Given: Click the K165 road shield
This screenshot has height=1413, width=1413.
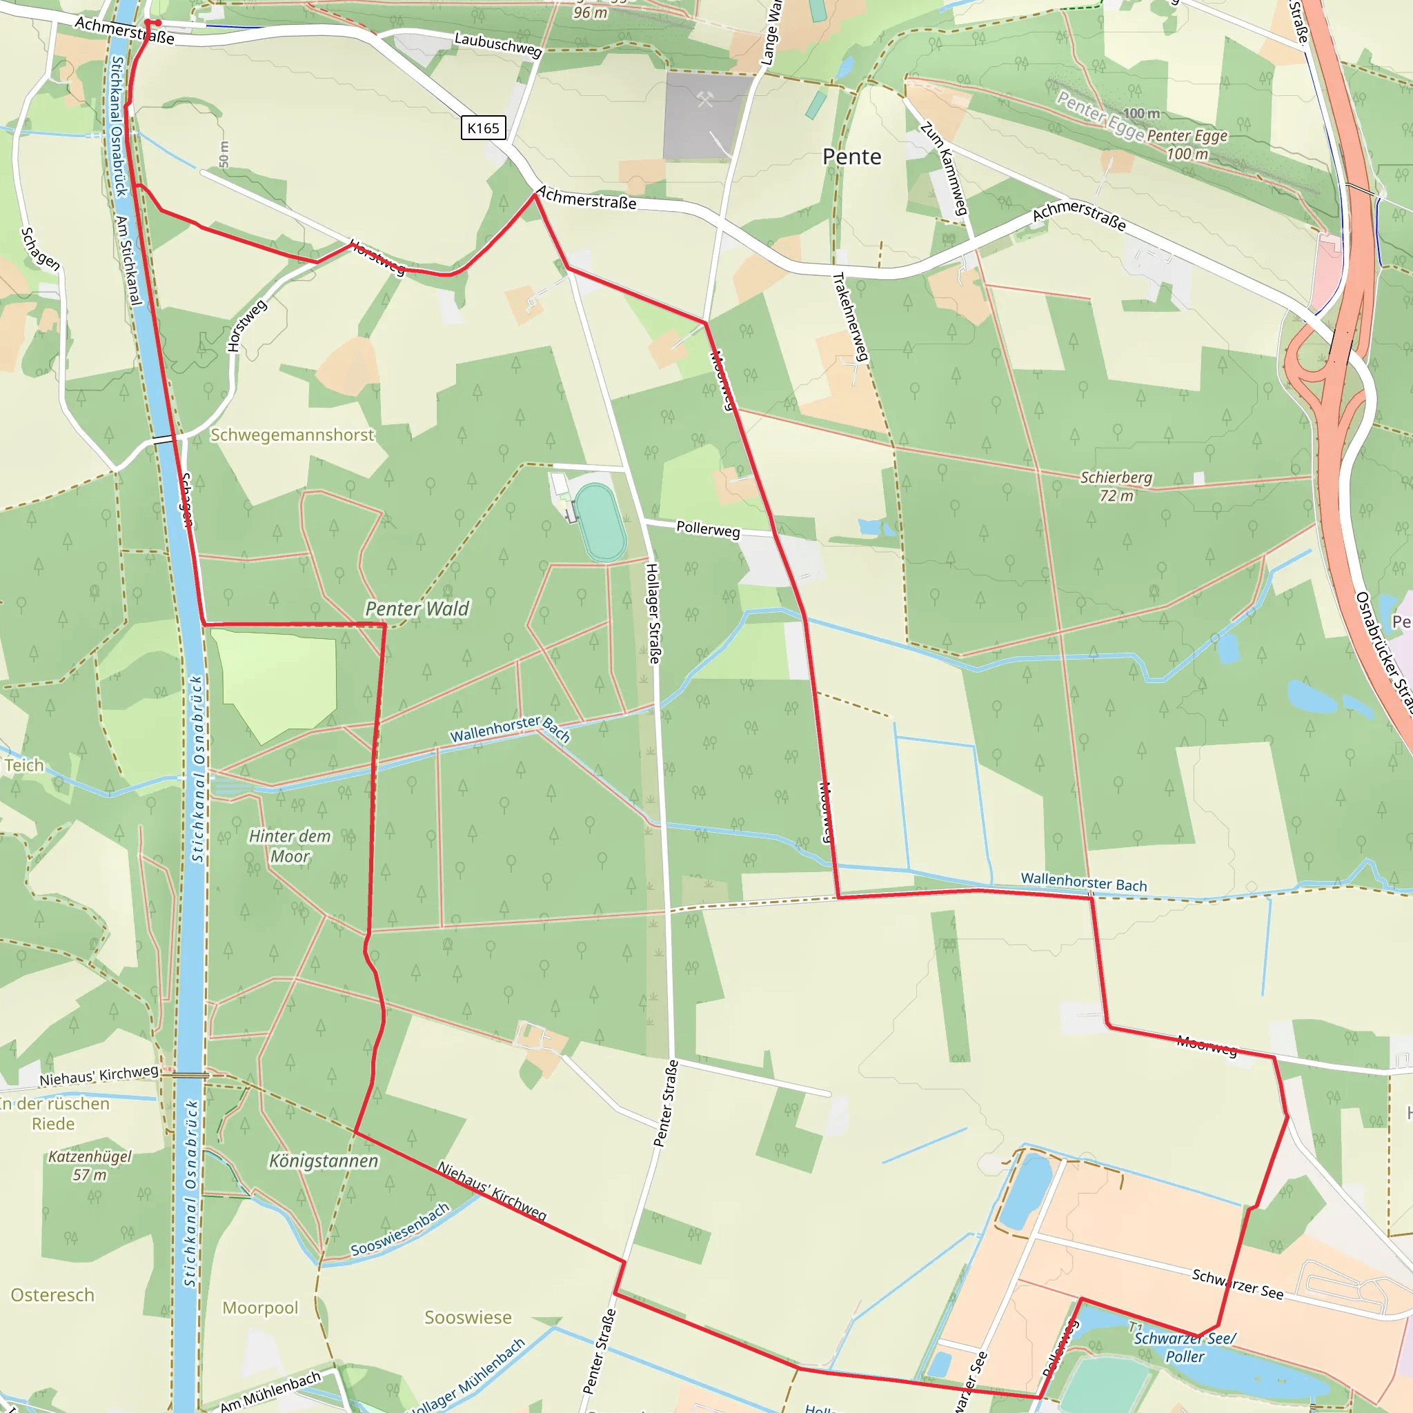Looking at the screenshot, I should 483,128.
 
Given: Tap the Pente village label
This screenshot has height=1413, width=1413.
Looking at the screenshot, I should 851,157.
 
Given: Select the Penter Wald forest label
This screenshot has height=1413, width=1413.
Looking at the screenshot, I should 417,609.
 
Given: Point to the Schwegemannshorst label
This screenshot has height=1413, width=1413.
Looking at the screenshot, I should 292,435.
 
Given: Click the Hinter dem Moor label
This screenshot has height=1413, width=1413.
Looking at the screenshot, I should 290,845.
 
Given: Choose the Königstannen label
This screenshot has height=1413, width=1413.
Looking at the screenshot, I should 324,1160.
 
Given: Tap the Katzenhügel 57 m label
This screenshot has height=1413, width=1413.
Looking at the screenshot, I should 90,1165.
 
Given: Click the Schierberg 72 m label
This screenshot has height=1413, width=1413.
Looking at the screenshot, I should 1116,486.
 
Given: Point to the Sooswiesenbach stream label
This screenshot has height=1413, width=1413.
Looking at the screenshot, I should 400,1229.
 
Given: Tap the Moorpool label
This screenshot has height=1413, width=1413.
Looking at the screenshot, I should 260,1307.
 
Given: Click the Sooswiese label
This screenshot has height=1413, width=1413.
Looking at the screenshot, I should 468,1317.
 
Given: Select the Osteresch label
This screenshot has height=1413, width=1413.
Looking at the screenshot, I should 52,1295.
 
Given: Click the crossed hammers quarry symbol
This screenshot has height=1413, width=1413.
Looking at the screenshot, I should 705,100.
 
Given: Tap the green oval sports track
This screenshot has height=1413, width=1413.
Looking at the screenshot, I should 600,523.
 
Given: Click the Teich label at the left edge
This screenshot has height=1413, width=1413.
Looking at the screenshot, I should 24,765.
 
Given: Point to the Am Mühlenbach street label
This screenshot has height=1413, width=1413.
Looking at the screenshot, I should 270,1390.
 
